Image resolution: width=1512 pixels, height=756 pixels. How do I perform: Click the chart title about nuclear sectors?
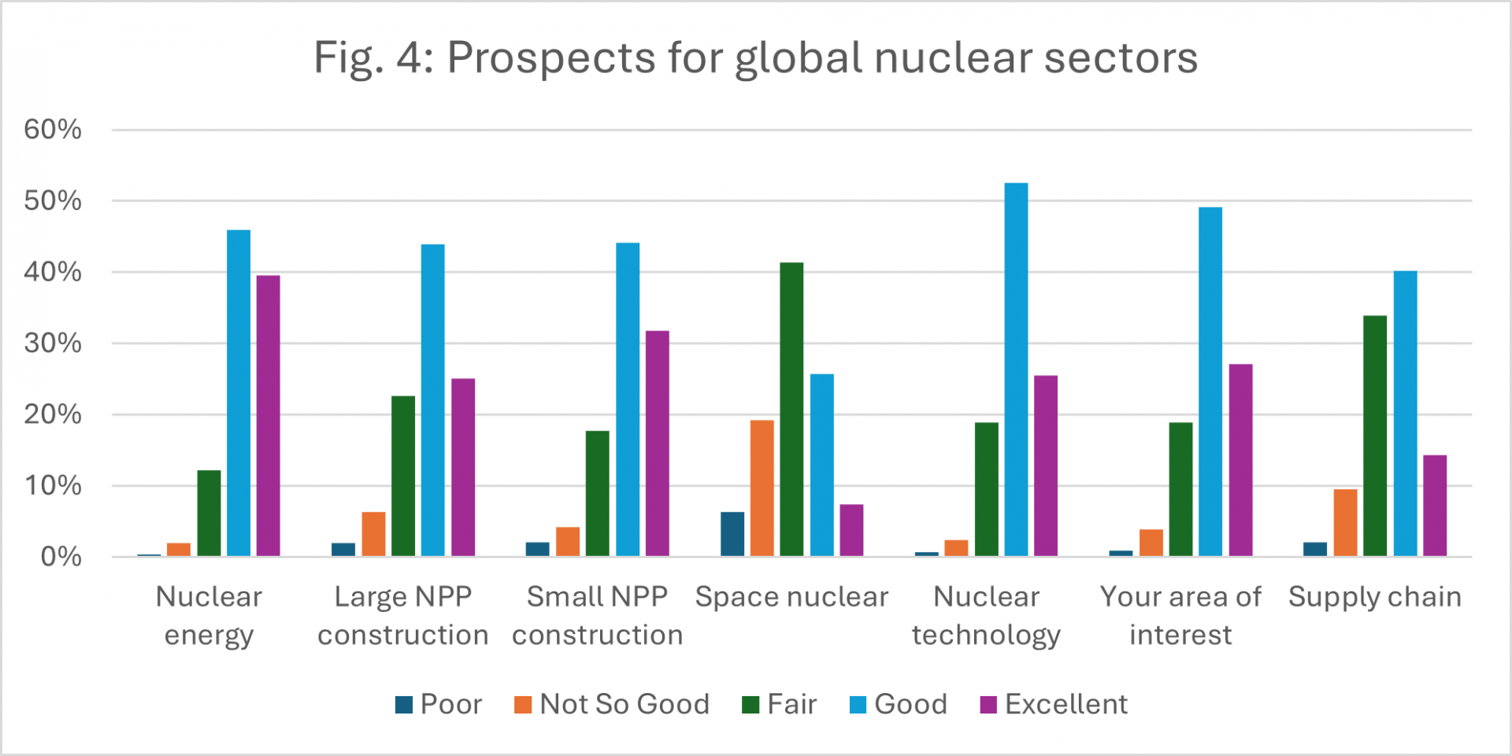pos(755,57)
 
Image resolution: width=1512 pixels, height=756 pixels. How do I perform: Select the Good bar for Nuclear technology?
pos(1016,370)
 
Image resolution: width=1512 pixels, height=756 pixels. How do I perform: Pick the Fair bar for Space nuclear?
pos(791,409)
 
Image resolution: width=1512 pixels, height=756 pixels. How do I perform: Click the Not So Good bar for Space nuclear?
pos(762,488)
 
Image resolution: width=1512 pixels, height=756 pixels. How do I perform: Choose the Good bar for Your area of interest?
pos(1210,382)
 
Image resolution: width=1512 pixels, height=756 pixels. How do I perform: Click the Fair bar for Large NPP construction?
pos(403,476)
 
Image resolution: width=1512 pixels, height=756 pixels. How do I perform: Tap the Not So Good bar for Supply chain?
pos(1345,523)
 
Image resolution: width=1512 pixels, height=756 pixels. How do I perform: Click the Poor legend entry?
pos(439,704)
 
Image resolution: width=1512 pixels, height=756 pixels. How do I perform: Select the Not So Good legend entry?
pos(612,704)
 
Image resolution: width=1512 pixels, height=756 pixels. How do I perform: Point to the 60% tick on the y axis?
pos(53,130)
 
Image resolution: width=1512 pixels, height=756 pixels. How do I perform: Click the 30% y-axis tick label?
pos(53,343)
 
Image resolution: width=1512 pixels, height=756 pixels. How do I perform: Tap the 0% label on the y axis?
pos(61,558)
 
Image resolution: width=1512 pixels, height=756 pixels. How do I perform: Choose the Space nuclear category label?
pos(791,597)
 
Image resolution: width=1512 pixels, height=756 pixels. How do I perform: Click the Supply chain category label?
pos(1375,597)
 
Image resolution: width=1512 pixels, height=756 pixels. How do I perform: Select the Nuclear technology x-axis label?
pos(986,616)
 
